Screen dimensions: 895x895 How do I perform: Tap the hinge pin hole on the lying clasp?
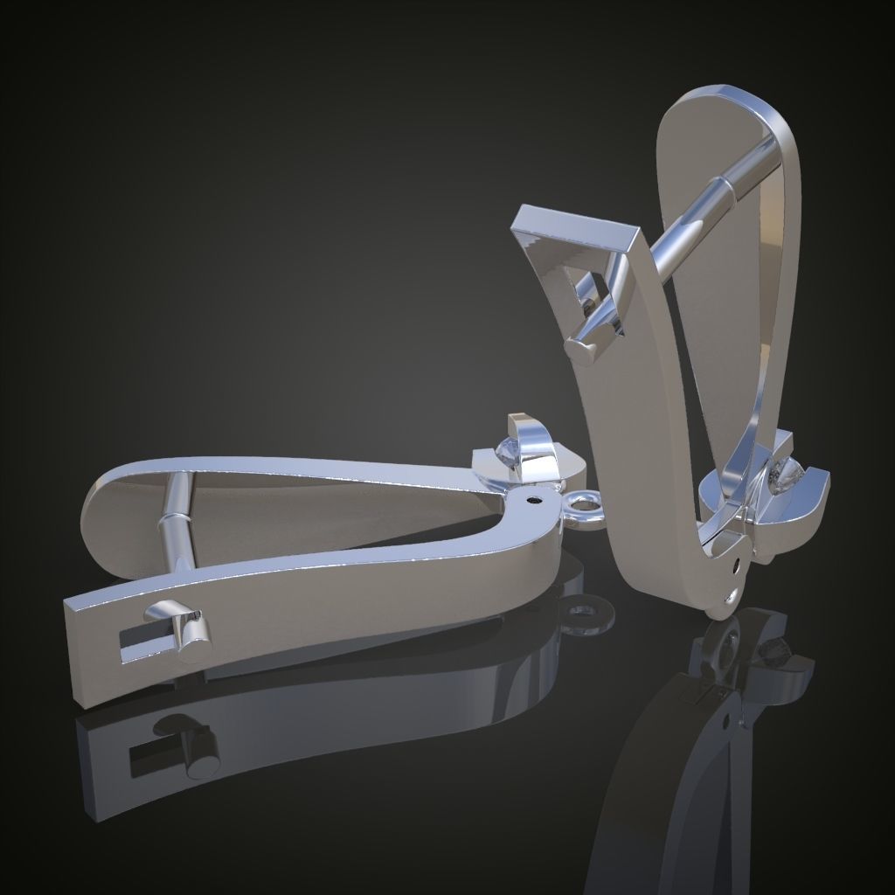534,502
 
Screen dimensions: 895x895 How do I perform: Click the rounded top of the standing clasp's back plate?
725,98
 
